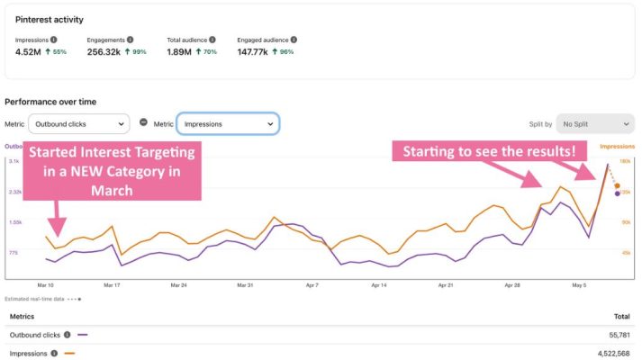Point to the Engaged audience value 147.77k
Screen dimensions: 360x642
pyautogui.click(x=256, y=52)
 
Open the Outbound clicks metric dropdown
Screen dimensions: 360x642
pyautogui.click(x=79, y=124)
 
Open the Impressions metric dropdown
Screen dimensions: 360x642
pyautogui.click(x=227, y=124)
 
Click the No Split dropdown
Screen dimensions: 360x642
pyautogui.click(x=594, y=124)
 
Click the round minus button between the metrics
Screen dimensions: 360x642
pyautogui.click(x=143, y=123)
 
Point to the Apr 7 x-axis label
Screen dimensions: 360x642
pyautogui.click(x=312, y=285)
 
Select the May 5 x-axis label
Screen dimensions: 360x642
pyautogui.click(x=578, y=285)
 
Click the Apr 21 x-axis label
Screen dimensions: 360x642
pyautogui.click(x=445, y=285)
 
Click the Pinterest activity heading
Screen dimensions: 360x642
pyautogui.click(x=50, y=19)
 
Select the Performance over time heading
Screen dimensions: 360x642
pyautogui.click(x=50, y=102)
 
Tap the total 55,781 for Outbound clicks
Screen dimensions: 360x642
pyautogui.click(x=619, y=335)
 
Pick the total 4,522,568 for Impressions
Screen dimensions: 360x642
pyautogui.click(x=614, y=353)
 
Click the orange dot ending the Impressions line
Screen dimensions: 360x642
pyautogui.click(x=617, y=186)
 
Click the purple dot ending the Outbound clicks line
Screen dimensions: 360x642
pyautogui.click(x=617, y=193)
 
